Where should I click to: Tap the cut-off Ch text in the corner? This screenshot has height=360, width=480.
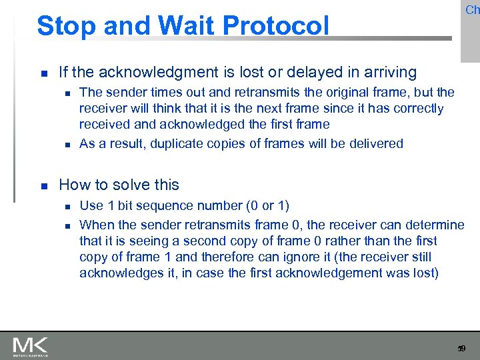coord(472,9)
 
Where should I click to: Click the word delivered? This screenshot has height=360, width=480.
coord(376,143)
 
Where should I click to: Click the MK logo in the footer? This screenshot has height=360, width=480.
coord(30,346)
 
